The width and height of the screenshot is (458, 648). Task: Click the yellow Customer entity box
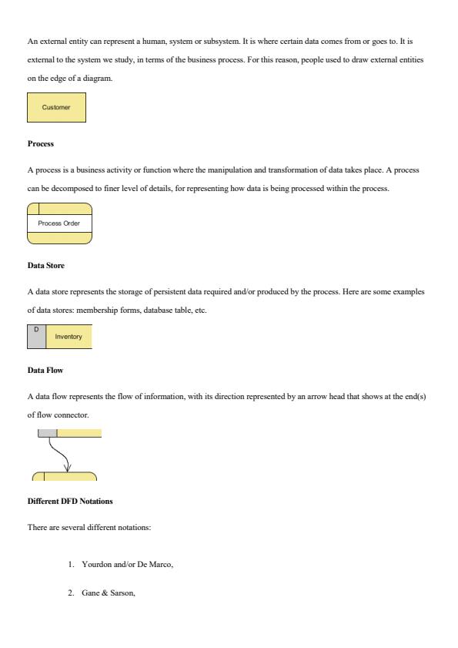pyautogui.click(x=56, y=108)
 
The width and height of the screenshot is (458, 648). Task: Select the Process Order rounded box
pyautogui.click(x=60, y=223)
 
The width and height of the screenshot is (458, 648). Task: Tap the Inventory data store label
pyautogui.click(x=69, y=337)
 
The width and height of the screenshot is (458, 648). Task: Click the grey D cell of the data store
pyautogui.click(x=36, y=337)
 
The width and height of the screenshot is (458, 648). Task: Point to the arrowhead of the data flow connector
pyautogui.click(x=67, y=467)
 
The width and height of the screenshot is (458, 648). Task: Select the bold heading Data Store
pyautogui.click(x=45, y=266)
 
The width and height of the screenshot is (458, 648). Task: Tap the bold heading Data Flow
pyautogui.click(x=45, y=371)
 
